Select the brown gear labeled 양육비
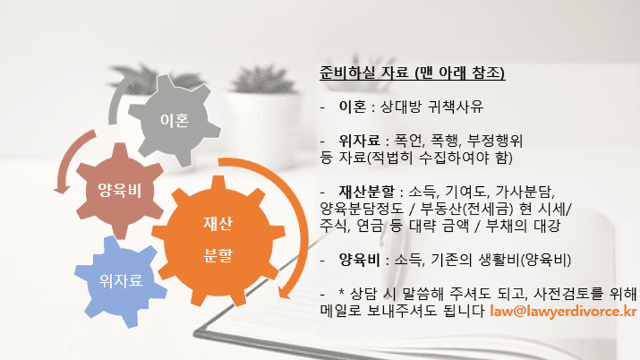pyautogui.click(x=119, y=190)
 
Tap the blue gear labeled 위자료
pyautogui.click(x=121, y=281)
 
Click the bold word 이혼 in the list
pyautogui.click(x=351, y=107)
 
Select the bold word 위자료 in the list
pyautogui.click(x=359, y=141)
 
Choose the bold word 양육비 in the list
pyautogui.click(x=359, y=259)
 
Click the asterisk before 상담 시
pyautogui.click(x=342, y=294)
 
